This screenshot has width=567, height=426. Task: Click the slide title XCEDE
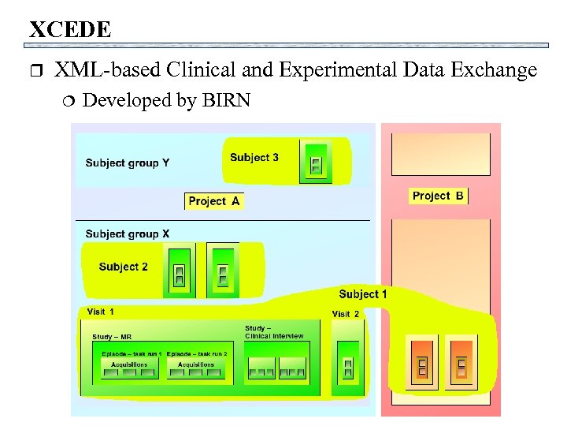coord(70,30)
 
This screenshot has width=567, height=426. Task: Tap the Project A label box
coord(213,201)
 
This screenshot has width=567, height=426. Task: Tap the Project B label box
coord(438,196)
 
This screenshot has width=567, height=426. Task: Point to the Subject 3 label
coord(254,157)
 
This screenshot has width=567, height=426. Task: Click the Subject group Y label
coord(127,163)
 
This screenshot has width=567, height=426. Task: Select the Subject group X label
coord(127,234)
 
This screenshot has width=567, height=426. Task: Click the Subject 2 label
coord(123,267)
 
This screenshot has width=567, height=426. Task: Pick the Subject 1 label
coord(363,294)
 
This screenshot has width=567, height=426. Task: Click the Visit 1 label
coord(100,312)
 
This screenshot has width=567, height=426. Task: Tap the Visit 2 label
coord(345,314)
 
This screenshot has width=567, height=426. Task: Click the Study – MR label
coord(112,337)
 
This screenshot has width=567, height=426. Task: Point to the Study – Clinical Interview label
coord(273,332)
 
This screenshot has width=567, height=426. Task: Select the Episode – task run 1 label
coord(132,353)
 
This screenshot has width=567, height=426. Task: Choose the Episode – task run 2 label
coord(197,353)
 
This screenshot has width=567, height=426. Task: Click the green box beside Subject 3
coord(316,162)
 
